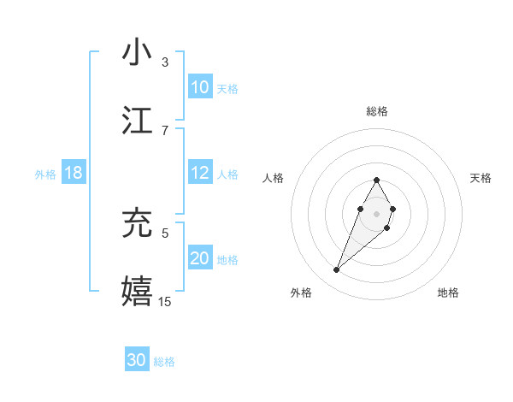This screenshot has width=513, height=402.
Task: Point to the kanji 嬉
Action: click(138, 290)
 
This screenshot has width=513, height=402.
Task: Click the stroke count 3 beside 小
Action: click(165, 62)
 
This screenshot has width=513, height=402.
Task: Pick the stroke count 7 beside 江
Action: click(165, 130)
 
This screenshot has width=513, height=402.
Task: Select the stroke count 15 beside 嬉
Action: click(165, 301)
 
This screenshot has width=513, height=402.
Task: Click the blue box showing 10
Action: click(200, 87)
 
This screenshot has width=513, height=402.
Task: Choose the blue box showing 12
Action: click(200, 173)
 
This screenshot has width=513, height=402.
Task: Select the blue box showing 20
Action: click(200, 258)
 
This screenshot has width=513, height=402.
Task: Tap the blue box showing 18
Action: click(74, 173)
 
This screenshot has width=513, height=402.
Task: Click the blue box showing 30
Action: click(137, 360)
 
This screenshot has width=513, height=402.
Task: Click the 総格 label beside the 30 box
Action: click(165, 362)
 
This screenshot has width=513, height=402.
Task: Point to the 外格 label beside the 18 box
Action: click(45, 174)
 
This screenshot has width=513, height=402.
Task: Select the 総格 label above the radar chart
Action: click(376, 112)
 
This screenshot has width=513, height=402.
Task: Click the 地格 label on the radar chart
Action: click(448, 293)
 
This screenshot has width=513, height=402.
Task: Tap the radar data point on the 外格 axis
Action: click(337, 270)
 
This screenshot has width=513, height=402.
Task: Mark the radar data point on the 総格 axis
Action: click(376, 180)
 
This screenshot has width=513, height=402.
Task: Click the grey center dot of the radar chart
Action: click(376, 213)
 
